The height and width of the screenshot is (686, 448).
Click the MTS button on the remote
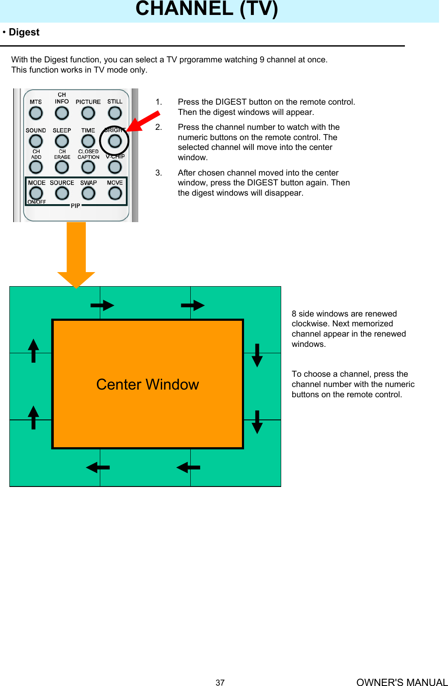[36, 113]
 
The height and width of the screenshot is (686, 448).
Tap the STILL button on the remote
[115, 113]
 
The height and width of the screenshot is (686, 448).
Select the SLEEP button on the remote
[62, 141]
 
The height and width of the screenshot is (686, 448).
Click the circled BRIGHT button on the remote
[115, 141]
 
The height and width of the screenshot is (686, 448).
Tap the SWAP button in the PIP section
[88, 193]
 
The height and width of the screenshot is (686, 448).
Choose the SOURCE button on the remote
[62, 193]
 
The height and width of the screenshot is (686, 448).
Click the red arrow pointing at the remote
[143, 121]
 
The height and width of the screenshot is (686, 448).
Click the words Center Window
[148, 384]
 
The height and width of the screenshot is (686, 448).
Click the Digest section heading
[24, 32]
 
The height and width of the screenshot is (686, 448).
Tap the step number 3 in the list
[159, 173]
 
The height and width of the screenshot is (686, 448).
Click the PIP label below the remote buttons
[76, 206]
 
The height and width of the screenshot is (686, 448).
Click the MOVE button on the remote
[115, 193]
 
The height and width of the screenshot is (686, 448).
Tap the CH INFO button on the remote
[62, 113]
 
